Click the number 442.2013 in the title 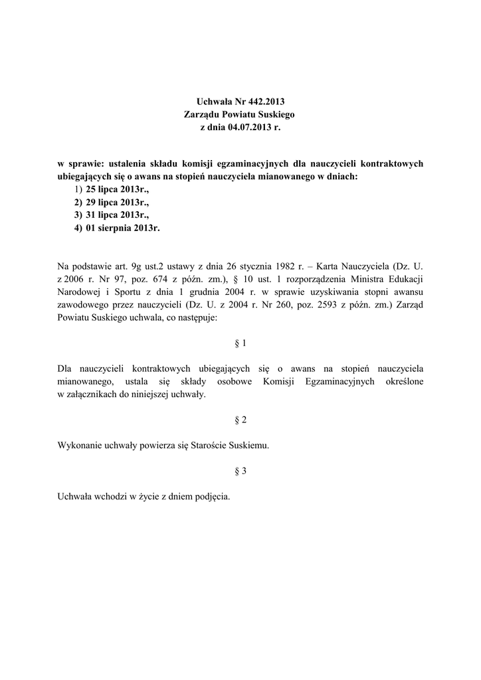pyautogui.click(x=266, y=102)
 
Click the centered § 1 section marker pyautogui.click(x=241, y=343)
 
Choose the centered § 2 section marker pyautogui.click(x=241, y=420)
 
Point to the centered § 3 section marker pyautogui.click(x=241, y=471)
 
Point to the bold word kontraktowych pyautogui.click(x=390, y=164)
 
